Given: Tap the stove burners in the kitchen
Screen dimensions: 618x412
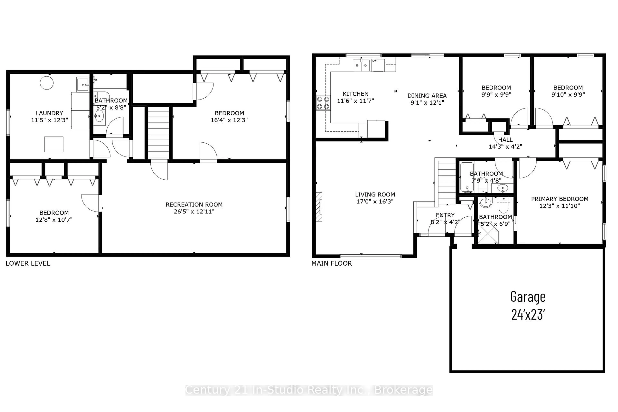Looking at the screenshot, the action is click(323, 103).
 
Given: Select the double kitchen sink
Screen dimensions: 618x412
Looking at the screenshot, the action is click(361, 65).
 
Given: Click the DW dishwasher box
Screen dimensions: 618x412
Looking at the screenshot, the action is click(378, 65).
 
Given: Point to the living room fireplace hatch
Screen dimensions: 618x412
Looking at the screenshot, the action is click(319, 207).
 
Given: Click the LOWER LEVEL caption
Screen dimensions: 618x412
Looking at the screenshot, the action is click(28, 263).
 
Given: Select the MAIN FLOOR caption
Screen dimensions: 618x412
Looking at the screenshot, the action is click(332, 263).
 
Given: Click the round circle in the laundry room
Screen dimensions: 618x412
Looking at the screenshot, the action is click(47, 83).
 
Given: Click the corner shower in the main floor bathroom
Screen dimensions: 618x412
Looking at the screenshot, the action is click(488, 233).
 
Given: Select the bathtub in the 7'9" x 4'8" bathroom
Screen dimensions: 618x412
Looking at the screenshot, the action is click(467, 177).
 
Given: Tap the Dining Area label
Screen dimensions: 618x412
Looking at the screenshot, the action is click(427, 96).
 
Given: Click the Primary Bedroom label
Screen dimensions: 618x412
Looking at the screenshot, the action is click(560, 199).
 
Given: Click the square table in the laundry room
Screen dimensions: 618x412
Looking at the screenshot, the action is click(54, 144).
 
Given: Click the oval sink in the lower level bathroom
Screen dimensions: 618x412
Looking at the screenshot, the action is click(99, 116).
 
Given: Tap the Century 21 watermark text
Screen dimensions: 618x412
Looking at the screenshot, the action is click(309, 390).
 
